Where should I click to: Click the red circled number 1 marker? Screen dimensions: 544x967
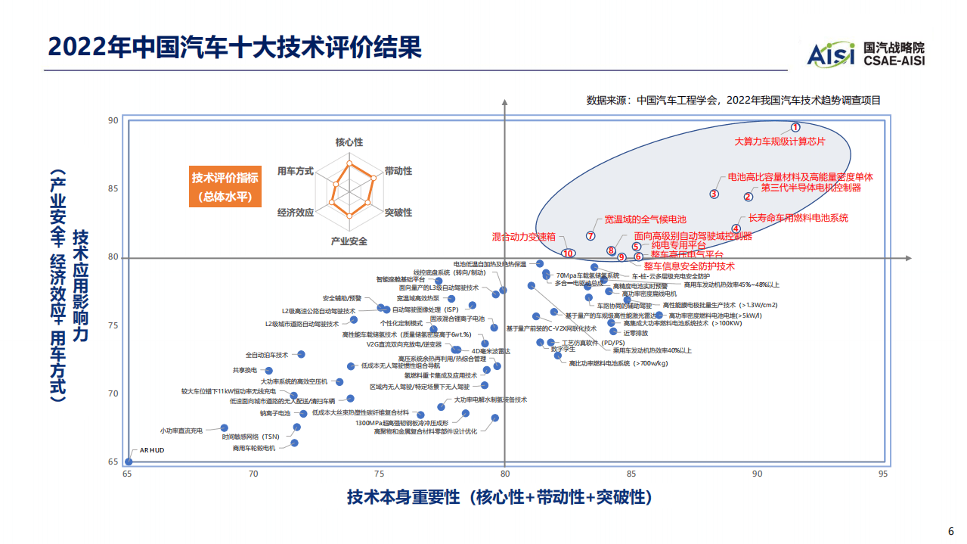(x=795, y=128)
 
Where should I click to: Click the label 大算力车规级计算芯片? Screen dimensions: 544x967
(x=780, y=141)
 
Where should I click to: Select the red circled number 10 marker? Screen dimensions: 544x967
(x=569, y=253)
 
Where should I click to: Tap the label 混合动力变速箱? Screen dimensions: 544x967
(x=524, y=237)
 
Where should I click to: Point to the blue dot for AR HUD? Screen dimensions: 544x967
(x=129, y=462)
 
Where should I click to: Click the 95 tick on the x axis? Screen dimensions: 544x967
(x=882, y=474)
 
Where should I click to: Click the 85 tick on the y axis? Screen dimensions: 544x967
(x=113, y=188)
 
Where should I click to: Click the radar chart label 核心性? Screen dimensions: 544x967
(x=349, y=142)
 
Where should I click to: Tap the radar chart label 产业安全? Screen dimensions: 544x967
(x=349, y=241)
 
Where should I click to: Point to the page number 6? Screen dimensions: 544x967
(x=951, y=530)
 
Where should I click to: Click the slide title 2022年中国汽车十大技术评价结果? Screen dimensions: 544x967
(x=234, y=46)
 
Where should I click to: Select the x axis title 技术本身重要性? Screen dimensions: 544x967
(x=499, y=497)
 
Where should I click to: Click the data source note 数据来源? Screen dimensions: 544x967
(x=733, y=100)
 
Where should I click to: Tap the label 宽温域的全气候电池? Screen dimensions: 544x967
(x=645, y=220)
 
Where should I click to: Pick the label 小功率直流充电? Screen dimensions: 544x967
(x=181, y=431)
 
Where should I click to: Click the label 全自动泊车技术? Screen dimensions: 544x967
(x=267, y=355)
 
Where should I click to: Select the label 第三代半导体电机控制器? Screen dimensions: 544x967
(x=810, y=188)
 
